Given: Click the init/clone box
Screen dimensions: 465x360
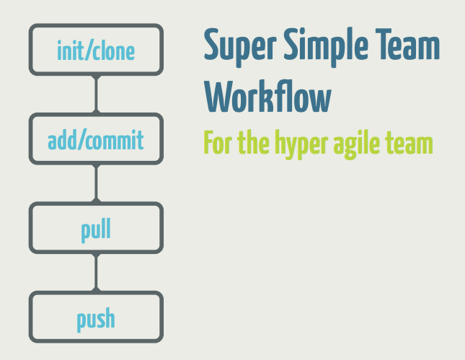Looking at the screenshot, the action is pos(96,50).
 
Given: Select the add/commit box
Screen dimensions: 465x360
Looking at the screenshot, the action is pos(96,139).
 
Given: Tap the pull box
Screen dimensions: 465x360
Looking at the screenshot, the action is pos(96,228).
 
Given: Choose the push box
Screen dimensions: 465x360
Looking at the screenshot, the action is pos(96,317).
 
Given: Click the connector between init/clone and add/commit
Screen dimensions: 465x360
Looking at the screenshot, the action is pos(96,94).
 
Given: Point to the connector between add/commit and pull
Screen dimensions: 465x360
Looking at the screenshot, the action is pos(96,183).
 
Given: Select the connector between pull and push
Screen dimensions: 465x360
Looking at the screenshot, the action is pos(96,272).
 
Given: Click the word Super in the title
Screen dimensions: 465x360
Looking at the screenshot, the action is pos(240,47).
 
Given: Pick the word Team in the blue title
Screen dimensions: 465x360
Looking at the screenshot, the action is pos(407,44).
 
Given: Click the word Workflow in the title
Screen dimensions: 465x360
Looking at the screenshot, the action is pos(267,96).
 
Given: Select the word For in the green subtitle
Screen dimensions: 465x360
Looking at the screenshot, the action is pos(218,142).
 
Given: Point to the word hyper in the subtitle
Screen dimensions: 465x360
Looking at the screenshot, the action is pos(301,144).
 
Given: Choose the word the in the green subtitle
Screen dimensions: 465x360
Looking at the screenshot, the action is pos(254,142).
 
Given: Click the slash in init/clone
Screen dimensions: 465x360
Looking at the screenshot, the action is pos(88,51).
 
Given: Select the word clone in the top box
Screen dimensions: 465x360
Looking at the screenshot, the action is pos(114,51).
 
